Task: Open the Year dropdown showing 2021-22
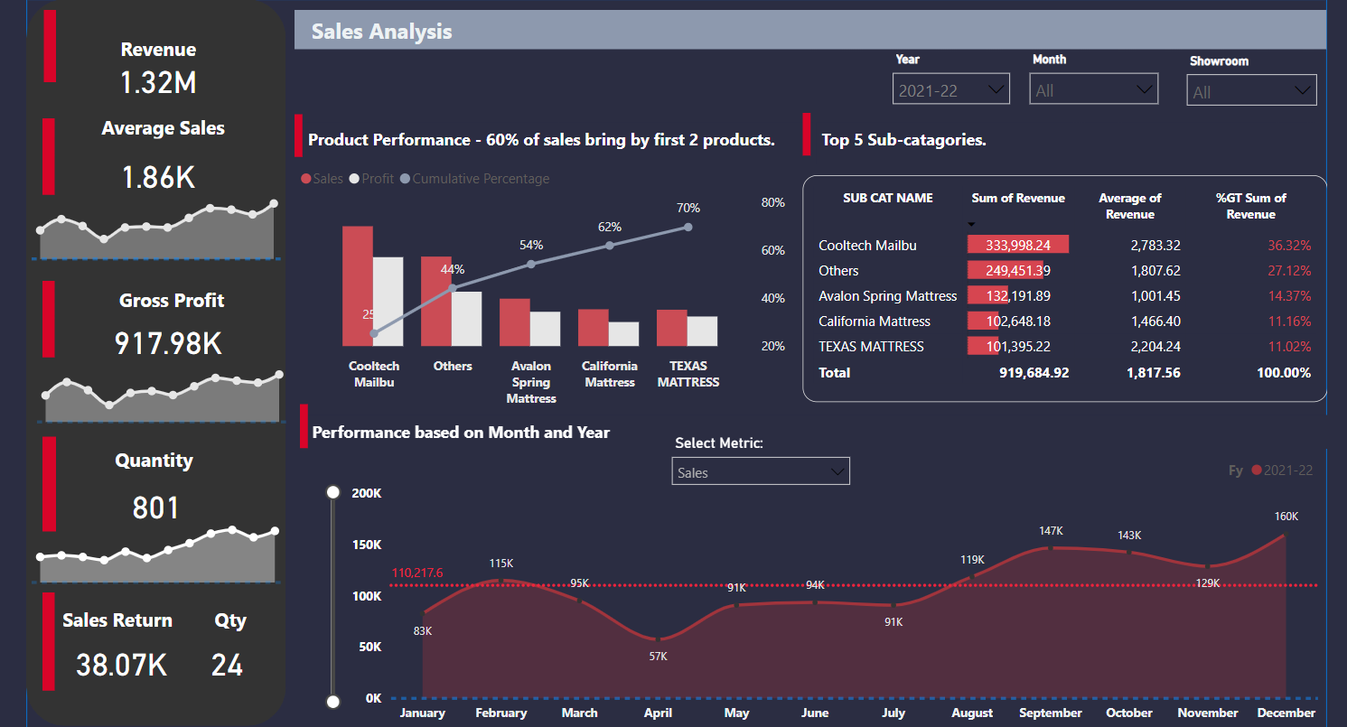click(952, 90)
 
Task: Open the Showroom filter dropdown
click(1251, 91)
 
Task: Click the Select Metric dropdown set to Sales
click(761, 472)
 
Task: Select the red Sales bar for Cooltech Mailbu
click(358, 285)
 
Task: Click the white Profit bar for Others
click(467, 318)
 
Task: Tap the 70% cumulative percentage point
click(688, 227)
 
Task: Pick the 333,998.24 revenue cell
click(1017, 245)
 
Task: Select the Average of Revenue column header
click(1129, 206)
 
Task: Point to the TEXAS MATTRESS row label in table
click(870, 346)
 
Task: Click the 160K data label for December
click(1286, 516)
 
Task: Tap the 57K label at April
click(658, 657)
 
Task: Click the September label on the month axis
click(1051, 713)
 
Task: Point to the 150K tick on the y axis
click(366, 545)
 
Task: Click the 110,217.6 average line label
click(416, 573)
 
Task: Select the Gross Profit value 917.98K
click(168, 344)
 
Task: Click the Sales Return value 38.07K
click(121, 666)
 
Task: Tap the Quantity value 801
click(155, 508)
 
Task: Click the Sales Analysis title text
click(381, 32)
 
